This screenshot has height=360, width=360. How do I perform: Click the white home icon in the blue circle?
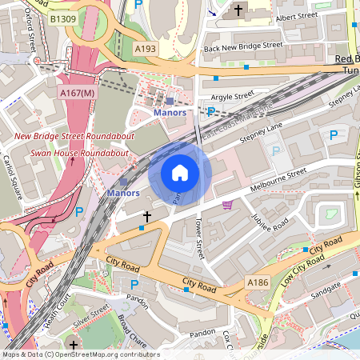pyautogui.click(x=180, y=173)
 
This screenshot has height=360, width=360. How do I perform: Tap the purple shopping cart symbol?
pyautogui.click(x=228, y=205)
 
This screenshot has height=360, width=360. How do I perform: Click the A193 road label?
pyautogui.click(x=146, y=50)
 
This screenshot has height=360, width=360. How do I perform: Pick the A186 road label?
pyautogui.click(x=257, y=282)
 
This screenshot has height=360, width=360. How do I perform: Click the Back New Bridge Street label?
pyautogui.click(x=244, y=48)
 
